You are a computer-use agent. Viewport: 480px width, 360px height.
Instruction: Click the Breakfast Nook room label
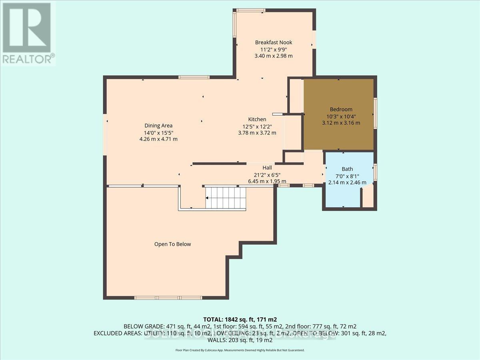point(274,42)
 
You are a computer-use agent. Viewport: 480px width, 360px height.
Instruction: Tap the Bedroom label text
point(341,109)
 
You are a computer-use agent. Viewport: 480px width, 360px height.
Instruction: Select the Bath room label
point(347,169)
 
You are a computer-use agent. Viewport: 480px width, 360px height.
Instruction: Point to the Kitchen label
point(257,119)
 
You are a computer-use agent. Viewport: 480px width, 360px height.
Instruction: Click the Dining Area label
point(158,126)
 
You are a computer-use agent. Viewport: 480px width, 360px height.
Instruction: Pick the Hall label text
point(267,168)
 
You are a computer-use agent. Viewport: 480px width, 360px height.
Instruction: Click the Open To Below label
point(172,244)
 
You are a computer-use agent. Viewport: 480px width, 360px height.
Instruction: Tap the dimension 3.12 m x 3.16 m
point(341,123)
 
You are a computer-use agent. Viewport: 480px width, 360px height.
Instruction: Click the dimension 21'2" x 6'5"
point(267,174)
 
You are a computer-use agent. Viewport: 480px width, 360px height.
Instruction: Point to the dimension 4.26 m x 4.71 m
point(158,139)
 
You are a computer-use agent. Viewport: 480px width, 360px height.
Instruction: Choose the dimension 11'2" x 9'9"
point(274,49)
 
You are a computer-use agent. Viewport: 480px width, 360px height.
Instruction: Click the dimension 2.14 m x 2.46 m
point(347,182)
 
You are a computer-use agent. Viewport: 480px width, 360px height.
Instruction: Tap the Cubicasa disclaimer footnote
point(240,350)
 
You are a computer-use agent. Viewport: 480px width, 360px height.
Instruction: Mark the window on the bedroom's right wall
point(375,113)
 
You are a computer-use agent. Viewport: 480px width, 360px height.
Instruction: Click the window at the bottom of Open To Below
point(168,298)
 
